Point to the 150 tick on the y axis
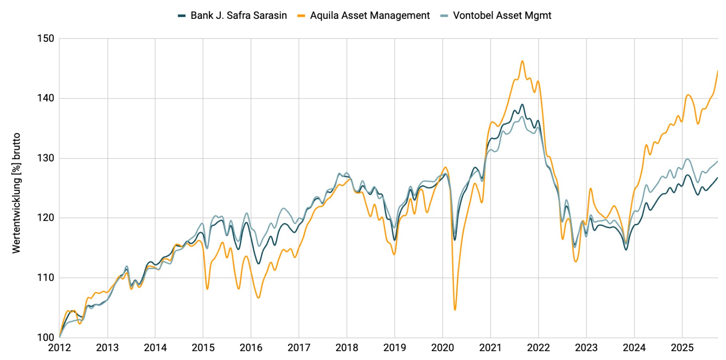46,39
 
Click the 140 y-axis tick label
46,98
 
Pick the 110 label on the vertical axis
46,278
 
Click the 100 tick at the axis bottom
46,338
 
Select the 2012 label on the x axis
60,348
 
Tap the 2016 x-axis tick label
251,348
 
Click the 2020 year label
442,348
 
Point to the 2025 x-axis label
682,348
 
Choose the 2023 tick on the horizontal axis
586,348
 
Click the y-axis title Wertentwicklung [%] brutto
16,193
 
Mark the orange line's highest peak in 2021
522,61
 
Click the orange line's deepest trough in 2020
455,310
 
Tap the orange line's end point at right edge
718,71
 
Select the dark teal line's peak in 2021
522,105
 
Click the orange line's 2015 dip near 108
207,289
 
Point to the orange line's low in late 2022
576,261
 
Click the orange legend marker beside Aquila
302,16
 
